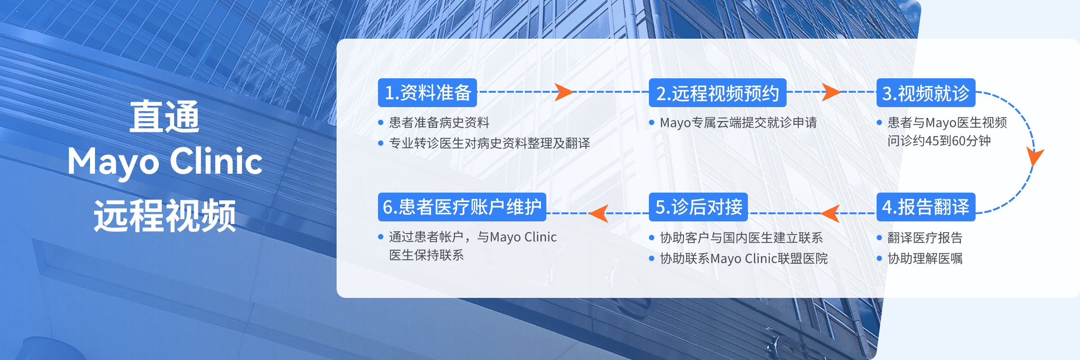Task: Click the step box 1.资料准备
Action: click(427, 93)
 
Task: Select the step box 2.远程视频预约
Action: click(718, 93)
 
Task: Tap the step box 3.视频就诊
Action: click(926, 93)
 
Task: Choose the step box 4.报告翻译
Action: click(926, 207)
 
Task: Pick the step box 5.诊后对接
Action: click(698, 207)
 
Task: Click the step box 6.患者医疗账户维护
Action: click(462, 207)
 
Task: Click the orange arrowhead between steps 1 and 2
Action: click(563, 92)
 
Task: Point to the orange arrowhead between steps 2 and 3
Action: click(831, 92)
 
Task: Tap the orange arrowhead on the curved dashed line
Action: click(1035, 157)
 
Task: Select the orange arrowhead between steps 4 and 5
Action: click(831, 213)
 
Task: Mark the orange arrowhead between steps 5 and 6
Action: click(599, 213)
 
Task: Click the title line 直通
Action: click(165, 117)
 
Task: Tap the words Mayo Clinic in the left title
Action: click(165, 162)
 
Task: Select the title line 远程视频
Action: click(165, 216)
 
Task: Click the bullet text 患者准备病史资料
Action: click(439, 122)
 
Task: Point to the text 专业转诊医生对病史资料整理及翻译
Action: click(490, 143)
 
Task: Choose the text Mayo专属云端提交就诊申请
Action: click(738, 122)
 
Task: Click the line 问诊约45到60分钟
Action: click(939, 141)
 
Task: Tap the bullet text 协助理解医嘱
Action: click(925, 258)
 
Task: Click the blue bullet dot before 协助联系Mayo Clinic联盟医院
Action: click(652, 258)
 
